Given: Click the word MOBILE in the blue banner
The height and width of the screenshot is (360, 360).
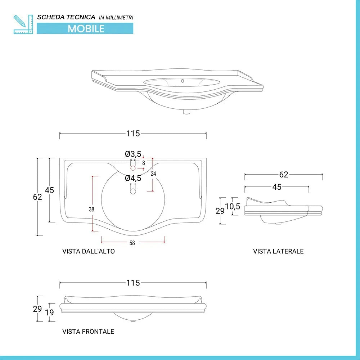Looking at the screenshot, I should pyautogui.click(x=86, y=28).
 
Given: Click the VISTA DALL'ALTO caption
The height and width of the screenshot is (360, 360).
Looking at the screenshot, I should pyautogui.click(x=89, y=251).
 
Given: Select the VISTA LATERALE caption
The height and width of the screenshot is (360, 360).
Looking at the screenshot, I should pyautogui.click(x=278, y=251).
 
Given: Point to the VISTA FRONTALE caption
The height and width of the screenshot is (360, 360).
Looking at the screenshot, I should pyautogui.click(x=88, y=331).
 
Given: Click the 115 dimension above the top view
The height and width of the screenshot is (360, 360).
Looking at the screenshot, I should pyautogui.click(x=133, y=134).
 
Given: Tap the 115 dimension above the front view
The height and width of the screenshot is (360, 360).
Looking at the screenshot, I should pyautogui.click(x=133, y=283).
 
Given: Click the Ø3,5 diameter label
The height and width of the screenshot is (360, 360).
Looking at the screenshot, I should pyautogui.click(x=133, y=154).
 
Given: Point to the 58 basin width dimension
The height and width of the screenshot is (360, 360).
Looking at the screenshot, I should pyautogui.click(x=132, y=243).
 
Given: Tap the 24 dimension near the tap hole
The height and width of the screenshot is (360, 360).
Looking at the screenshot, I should pyautogui.click(x=153, y=174).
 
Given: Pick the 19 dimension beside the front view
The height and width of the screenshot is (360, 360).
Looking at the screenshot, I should pyautogui.click(x=49, y=312).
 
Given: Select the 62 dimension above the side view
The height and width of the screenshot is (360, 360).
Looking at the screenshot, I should pyautogui.click(x=284, y=175).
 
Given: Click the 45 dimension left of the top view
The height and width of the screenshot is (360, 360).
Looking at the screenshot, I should pyautogui.click(x=49, y=190).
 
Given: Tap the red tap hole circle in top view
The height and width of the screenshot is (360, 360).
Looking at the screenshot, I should pyautogui.click(x=132, y=168).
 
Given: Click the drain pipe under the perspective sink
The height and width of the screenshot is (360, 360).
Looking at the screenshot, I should pyautogui.click(x=186, y=112).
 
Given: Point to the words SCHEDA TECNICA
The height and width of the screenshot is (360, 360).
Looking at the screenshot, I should pyautogui.click(x=66, y=17).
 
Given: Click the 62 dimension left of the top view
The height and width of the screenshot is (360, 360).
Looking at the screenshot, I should pyautogui.click(x=37, y=197).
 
